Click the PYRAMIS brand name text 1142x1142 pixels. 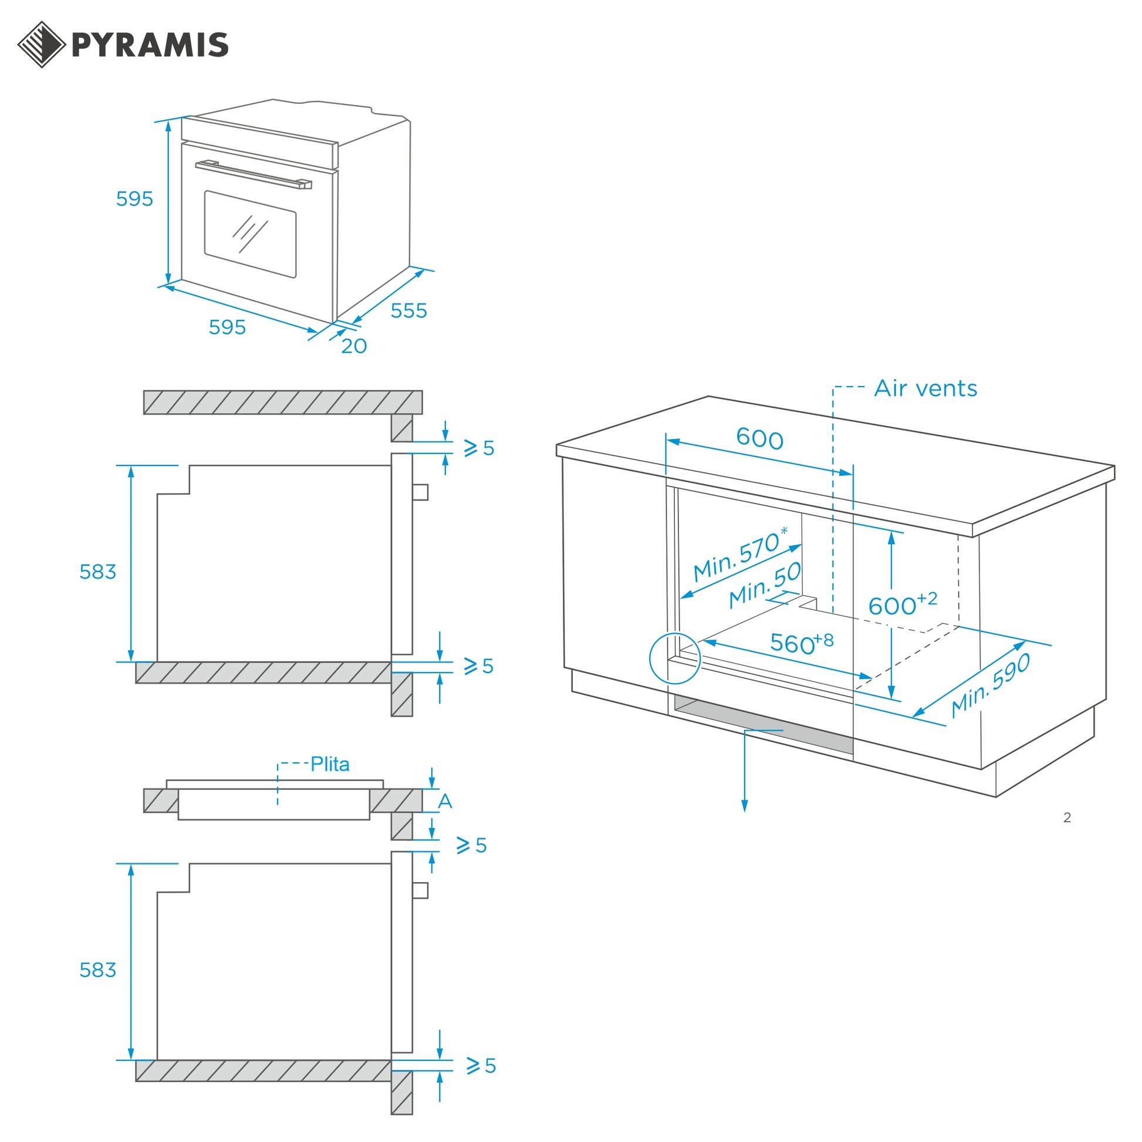(150, 45)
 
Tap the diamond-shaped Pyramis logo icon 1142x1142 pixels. (42, 45)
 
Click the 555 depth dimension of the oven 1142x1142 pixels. (408, 311)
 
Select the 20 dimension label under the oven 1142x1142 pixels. (354, 346)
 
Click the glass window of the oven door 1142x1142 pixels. (250, 234)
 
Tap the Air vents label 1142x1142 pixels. (925, 388)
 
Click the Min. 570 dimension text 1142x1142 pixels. (739, 554)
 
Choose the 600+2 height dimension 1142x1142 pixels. (902, 604)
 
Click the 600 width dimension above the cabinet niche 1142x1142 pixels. (759, 439)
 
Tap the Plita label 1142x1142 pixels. (330, 764)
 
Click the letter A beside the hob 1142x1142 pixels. (445, 802)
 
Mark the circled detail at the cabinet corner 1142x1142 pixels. (674, 658)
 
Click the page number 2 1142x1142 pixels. (1067, 817)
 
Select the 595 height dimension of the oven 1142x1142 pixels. (134, 198)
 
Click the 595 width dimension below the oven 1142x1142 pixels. (227, 327)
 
